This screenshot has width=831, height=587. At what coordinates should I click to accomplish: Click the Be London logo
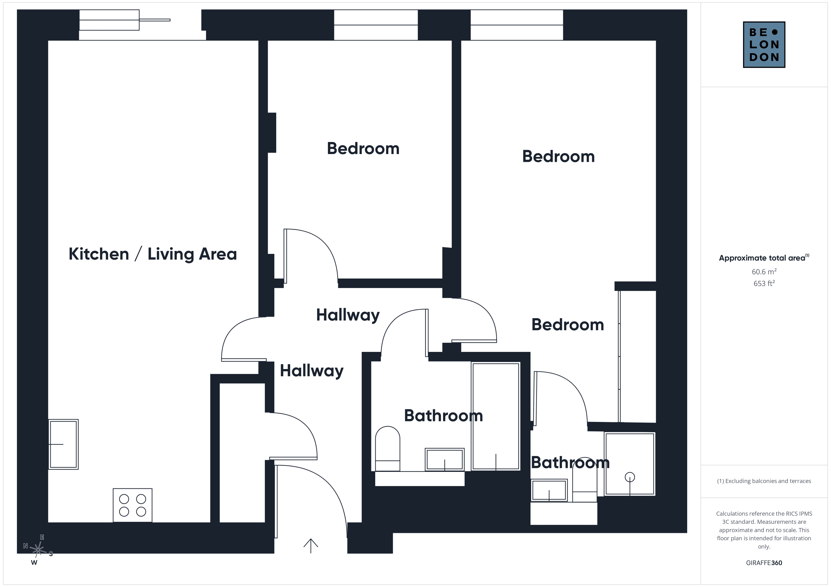pyautogui.click(x=764, y=44)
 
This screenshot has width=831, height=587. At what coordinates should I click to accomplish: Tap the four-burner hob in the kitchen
pyautogui.click(x=132, y=505)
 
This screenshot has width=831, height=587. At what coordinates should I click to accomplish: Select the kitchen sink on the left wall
pyautogui.click(x=63, y=444)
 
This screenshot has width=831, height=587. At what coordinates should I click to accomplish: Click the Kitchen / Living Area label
pyautogui.click(x=153, y=254)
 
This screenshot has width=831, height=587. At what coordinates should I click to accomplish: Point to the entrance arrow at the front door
pyautogui.click(x=311, y=546)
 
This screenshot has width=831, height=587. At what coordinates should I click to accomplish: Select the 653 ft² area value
pyautogui.click(x=764, y=283)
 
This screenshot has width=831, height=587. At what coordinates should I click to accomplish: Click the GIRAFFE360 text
pyautogui.click(x=764, y=563)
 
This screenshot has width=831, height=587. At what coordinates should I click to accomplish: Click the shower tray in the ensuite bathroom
pyautogui.click(x=630, y=464)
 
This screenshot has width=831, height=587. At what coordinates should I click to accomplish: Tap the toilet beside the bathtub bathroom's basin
pyautogui.click(x=388, y=449)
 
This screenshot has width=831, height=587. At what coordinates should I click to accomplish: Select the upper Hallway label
pyautogui.click(x=348, y=315)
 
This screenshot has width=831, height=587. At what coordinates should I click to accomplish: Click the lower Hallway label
pyautogui.click(x=312, y=371)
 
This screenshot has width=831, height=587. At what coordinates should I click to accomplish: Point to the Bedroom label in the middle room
pyautogui.click(x=363, y=149)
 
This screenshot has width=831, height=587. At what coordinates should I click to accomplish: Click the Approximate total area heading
pyautogui.click(x=764, y=258)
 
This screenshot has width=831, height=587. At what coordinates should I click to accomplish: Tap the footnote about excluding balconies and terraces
pyautogui.click(x=764, y=481)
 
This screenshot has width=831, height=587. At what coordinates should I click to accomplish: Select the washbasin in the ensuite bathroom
pyautogui.click(x=549, y=490)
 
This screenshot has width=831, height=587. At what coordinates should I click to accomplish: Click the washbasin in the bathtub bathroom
pyautogui.click(x=444, y=459)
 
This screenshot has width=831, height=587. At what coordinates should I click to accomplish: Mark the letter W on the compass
pyautogui.click(x=34, y=562)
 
